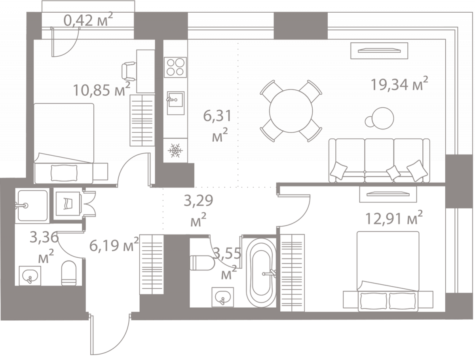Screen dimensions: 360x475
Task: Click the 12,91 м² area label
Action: click(393, 217)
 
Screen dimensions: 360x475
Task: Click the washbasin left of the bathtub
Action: click(222, 296)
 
